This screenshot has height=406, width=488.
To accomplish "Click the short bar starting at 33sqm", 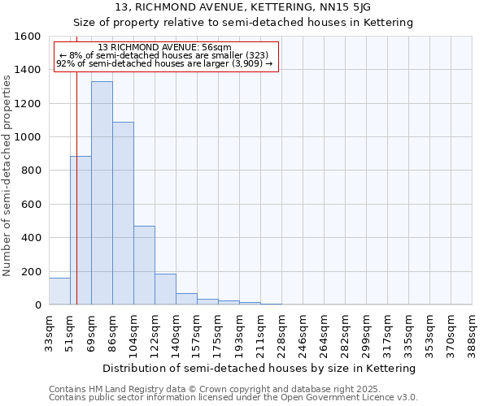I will pos(59,292).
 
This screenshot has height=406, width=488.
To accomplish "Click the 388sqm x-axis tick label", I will pos(473,331).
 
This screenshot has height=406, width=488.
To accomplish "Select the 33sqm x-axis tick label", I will pos(49,331).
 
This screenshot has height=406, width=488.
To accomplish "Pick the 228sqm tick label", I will pos(281,331).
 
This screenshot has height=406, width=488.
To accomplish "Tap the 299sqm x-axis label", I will pos(366,331).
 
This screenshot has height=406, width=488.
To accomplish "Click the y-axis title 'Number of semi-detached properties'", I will pos(7,171).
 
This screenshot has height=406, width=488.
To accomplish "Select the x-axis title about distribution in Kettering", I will pos(260,368).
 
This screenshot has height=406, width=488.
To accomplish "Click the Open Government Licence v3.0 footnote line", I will pos(233,397).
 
